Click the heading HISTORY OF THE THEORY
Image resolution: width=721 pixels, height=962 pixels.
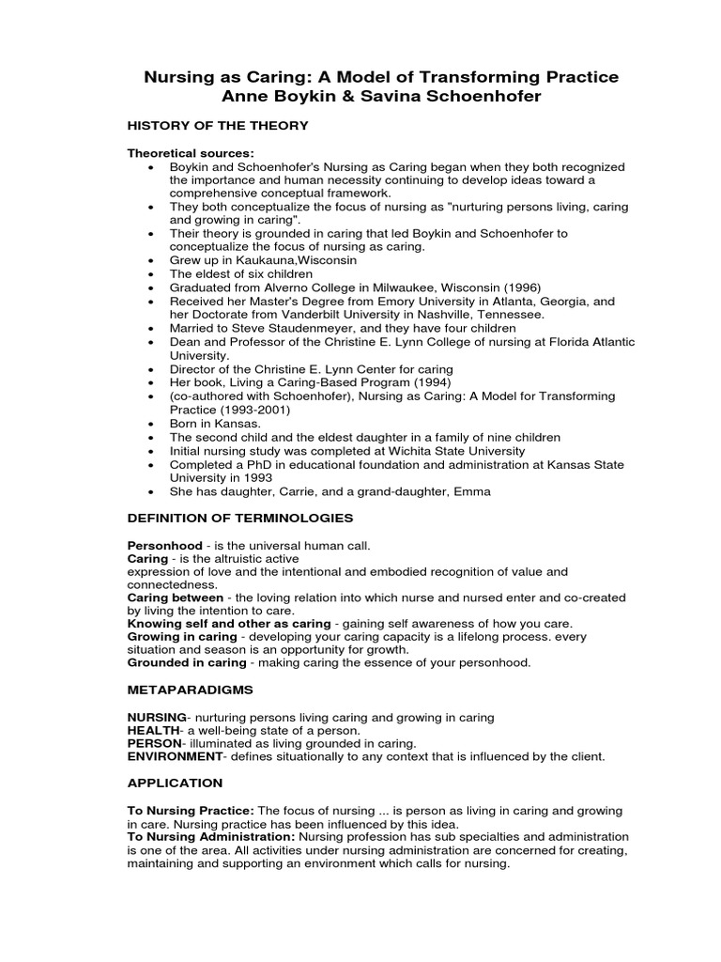click(x=218, y=125)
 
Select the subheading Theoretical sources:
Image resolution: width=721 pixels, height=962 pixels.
click(x=191, y=153)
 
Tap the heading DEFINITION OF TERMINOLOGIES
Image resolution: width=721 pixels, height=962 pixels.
click(x=240, y=518)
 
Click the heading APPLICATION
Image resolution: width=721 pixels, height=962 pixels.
click(x=175, y=783)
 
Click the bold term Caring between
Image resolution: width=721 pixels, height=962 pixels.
click(x=176, y=597)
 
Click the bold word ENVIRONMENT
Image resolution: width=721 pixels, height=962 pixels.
click(x=176, y=755)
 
